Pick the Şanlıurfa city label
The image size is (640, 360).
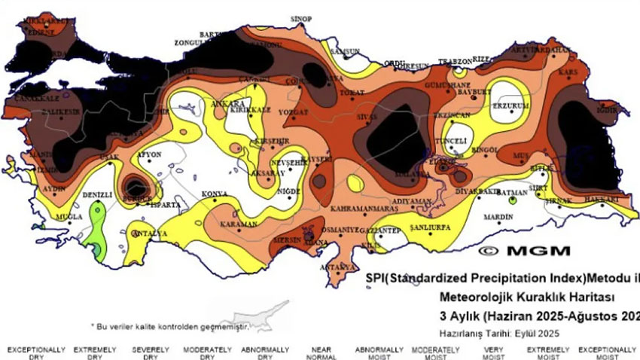[429, 227]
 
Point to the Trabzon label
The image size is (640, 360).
[455, 61]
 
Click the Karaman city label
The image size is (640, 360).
[239, 224]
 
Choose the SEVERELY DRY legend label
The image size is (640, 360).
[146, 353]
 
